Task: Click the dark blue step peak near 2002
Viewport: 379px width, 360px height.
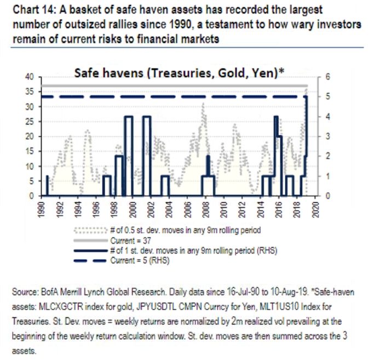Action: pyautogui.click(x=146, y=116)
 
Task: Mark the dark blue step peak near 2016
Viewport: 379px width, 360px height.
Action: pyautogui.click(x=277, y=116)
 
